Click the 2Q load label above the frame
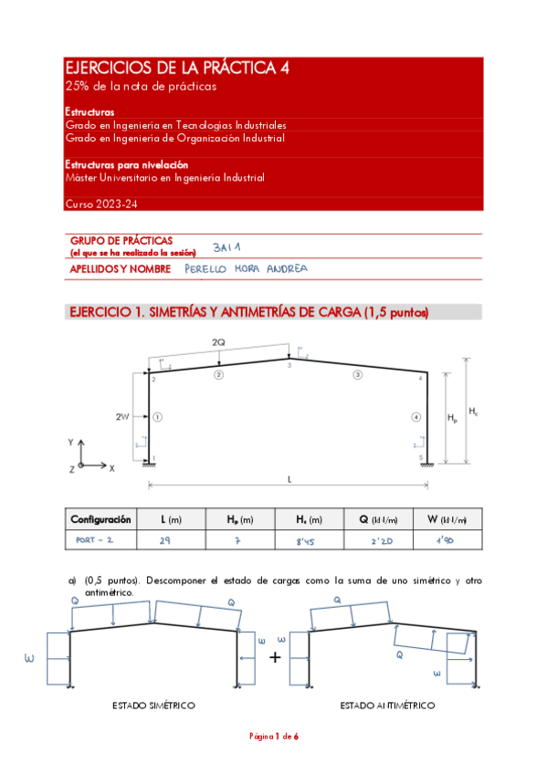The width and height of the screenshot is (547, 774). click(218, 341)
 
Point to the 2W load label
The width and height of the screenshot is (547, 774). click(121, 416)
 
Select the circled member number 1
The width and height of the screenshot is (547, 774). click(157, 417)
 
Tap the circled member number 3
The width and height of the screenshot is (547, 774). click(358, 374)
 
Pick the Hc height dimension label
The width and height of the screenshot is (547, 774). click(473, 412)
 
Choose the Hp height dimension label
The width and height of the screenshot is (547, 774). click(453, 418)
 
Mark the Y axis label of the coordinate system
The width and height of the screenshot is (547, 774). click(70, 441)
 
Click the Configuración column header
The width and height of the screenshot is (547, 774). click(100, 519)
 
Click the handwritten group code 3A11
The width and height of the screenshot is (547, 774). click(225, 246)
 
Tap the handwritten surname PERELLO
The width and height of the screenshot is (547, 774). click(206, 269)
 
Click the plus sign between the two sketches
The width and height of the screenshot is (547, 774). click(275, 656)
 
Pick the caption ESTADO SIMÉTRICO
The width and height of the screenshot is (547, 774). click(153, 706)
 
